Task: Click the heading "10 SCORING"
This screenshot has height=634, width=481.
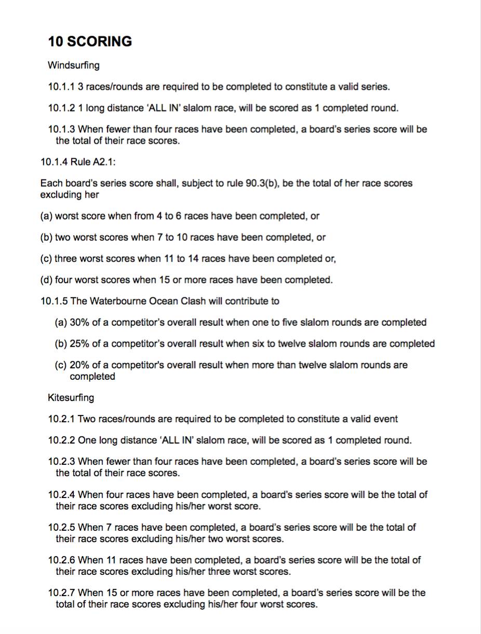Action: coord(90,42)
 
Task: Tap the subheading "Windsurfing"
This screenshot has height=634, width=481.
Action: coord(73,65)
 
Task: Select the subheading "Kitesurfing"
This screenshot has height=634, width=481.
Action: coord(71,397)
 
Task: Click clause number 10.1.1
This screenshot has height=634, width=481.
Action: coord(61,87)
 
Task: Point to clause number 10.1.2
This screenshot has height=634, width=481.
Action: coord(61,108)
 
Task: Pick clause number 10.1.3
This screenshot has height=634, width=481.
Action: coord(61,129)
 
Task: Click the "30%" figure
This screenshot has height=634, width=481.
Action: coord(79,322)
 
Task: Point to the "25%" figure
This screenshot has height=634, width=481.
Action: coord(79,343)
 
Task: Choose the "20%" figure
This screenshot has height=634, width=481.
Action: coord(79,365)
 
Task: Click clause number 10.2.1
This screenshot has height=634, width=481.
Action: coord(61,419)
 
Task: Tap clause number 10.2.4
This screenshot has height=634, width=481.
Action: coord(61,494)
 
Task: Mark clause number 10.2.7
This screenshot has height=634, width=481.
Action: coord(61,592)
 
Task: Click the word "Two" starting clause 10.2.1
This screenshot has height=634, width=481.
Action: coord(86,419)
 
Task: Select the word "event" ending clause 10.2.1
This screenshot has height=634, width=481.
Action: coord(385,419)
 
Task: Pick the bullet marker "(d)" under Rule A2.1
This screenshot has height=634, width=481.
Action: coord(46,280)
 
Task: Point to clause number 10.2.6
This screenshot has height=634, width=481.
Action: coord(61,560)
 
